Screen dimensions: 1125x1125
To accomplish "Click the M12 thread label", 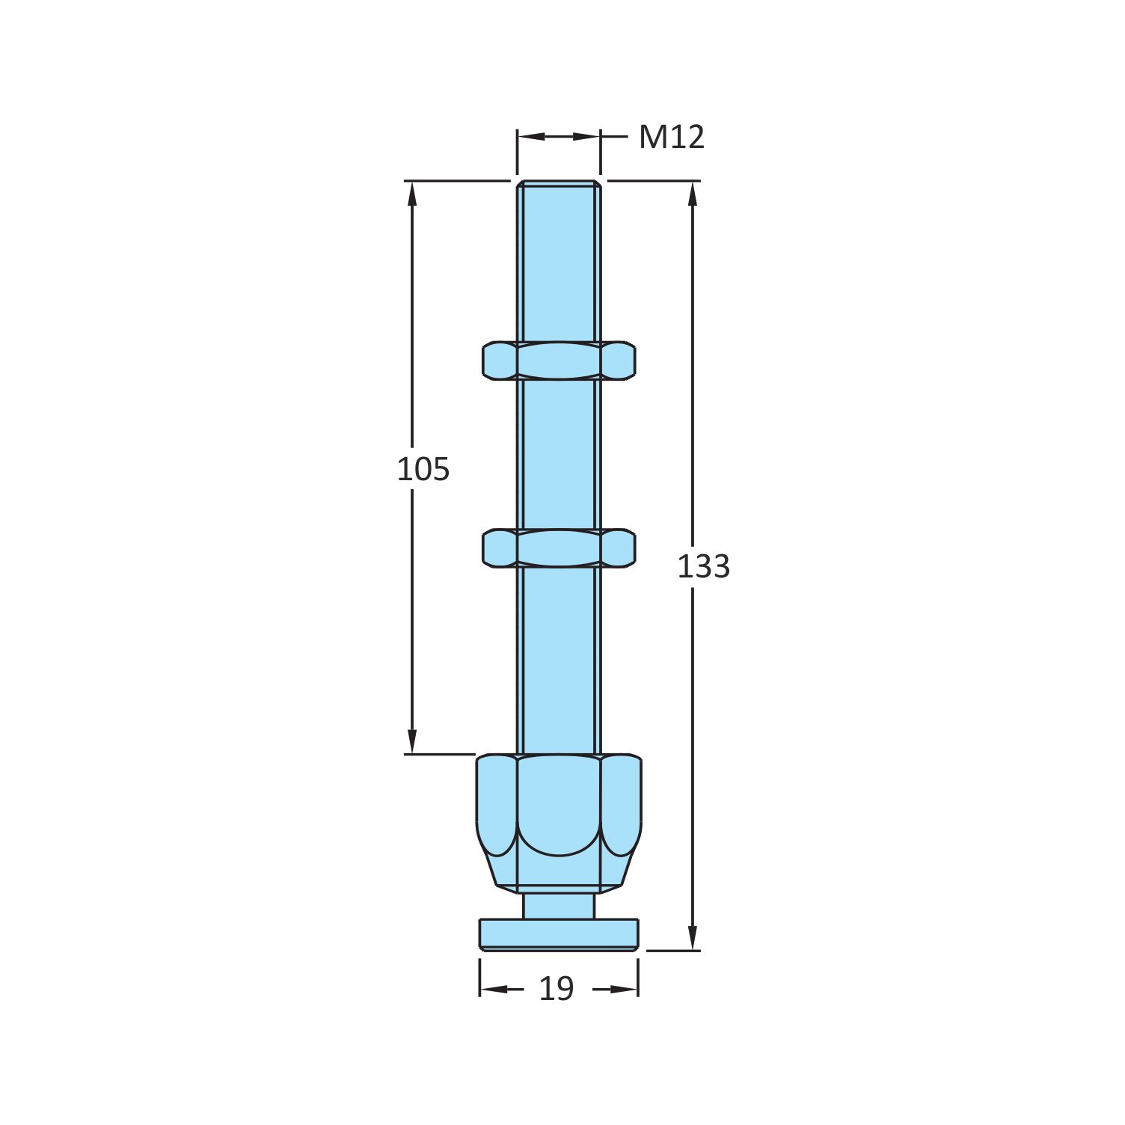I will click(671, 138).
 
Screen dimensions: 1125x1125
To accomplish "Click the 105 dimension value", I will click(423, 470).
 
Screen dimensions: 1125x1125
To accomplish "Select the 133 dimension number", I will click(702, 567).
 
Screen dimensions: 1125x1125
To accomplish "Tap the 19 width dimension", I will click(556, 989).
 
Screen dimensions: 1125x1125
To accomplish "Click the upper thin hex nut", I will click(559, 361).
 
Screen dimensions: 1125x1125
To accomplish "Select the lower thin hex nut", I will click(559, 548).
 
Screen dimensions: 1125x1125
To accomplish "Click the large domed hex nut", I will click(559, 808).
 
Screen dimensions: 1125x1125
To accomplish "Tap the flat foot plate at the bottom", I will click(559, 935).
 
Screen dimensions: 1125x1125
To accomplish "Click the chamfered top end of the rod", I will click(559, 183).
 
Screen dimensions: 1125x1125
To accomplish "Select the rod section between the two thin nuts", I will click(559, 455).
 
